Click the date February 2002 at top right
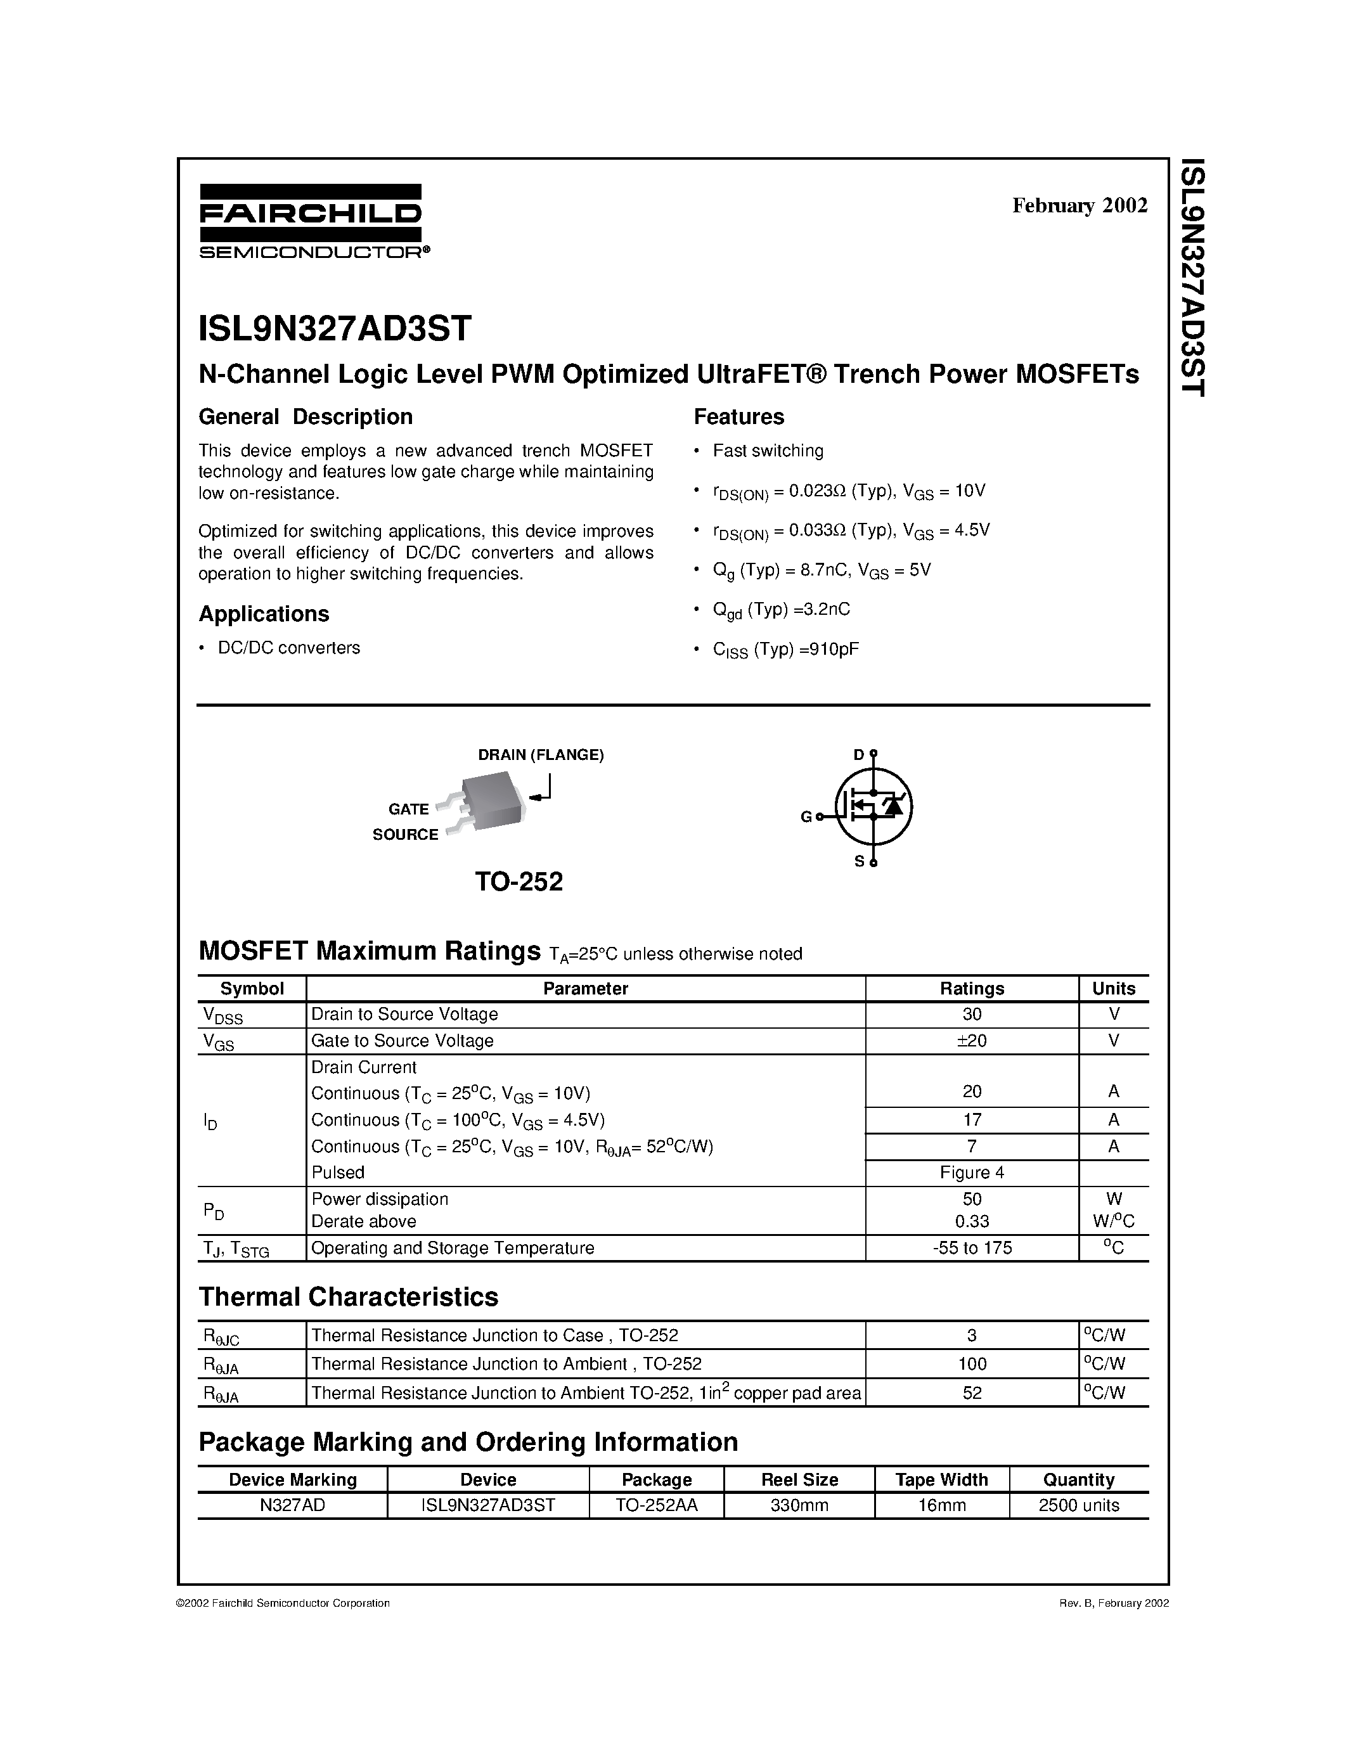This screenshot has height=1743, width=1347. (1080, 206)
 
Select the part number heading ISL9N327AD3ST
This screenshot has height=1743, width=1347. (335, 328)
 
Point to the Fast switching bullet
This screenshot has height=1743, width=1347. (767, 451)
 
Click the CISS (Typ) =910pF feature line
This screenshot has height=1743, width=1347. (785, 650)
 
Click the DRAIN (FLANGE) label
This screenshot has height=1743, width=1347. (540, 755)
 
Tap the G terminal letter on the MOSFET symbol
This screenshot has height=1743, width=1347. (806, 816)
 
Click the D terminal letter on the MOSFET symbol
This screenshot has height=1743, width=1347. (858, 754)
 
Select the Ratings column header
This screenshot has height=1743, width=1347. (971, 988)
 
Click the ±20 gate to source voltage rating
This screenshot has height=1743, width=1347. (971, 1041)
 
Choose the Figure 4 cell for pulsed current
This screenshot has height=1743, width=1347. (971, 1173)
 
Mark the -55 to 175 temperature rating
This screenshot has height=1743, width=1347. (971, 1247)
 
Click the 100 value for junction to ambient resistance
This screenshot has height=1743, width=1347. (971, 1364)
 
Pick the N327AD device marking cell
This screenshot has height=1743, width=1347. (292, 1505)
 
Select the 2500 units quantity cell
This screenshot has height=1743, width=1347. (1078, 1505)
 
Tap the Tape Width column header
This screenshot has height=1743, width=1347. (941, 1479)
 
